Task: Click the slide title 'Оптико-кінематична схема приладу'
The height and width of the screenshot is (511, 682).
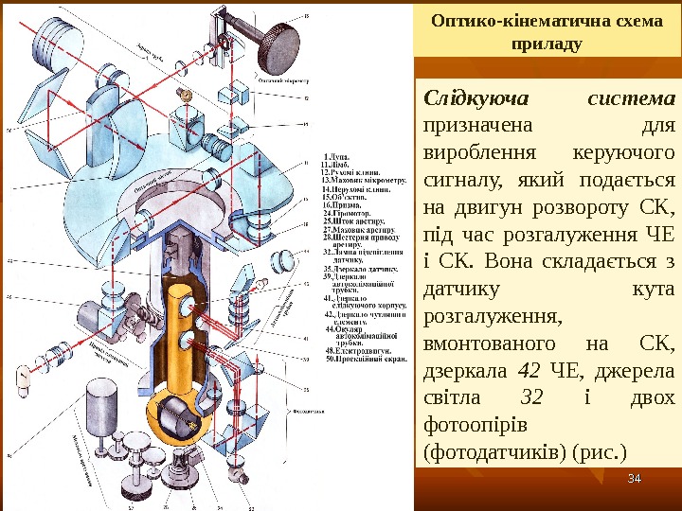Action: [x=548, y=33]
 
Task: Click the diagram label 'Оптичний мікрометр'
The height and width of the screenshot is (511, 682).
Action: [x=279, y=81]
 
